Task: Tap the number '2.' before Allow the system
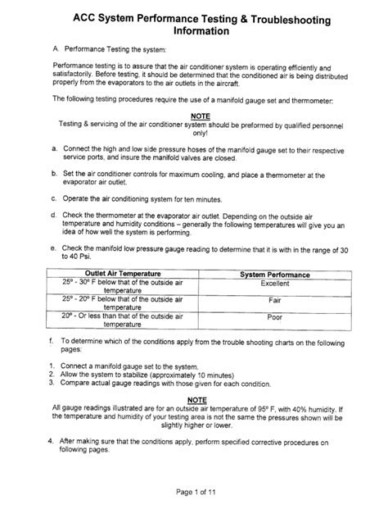point(51,372)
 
